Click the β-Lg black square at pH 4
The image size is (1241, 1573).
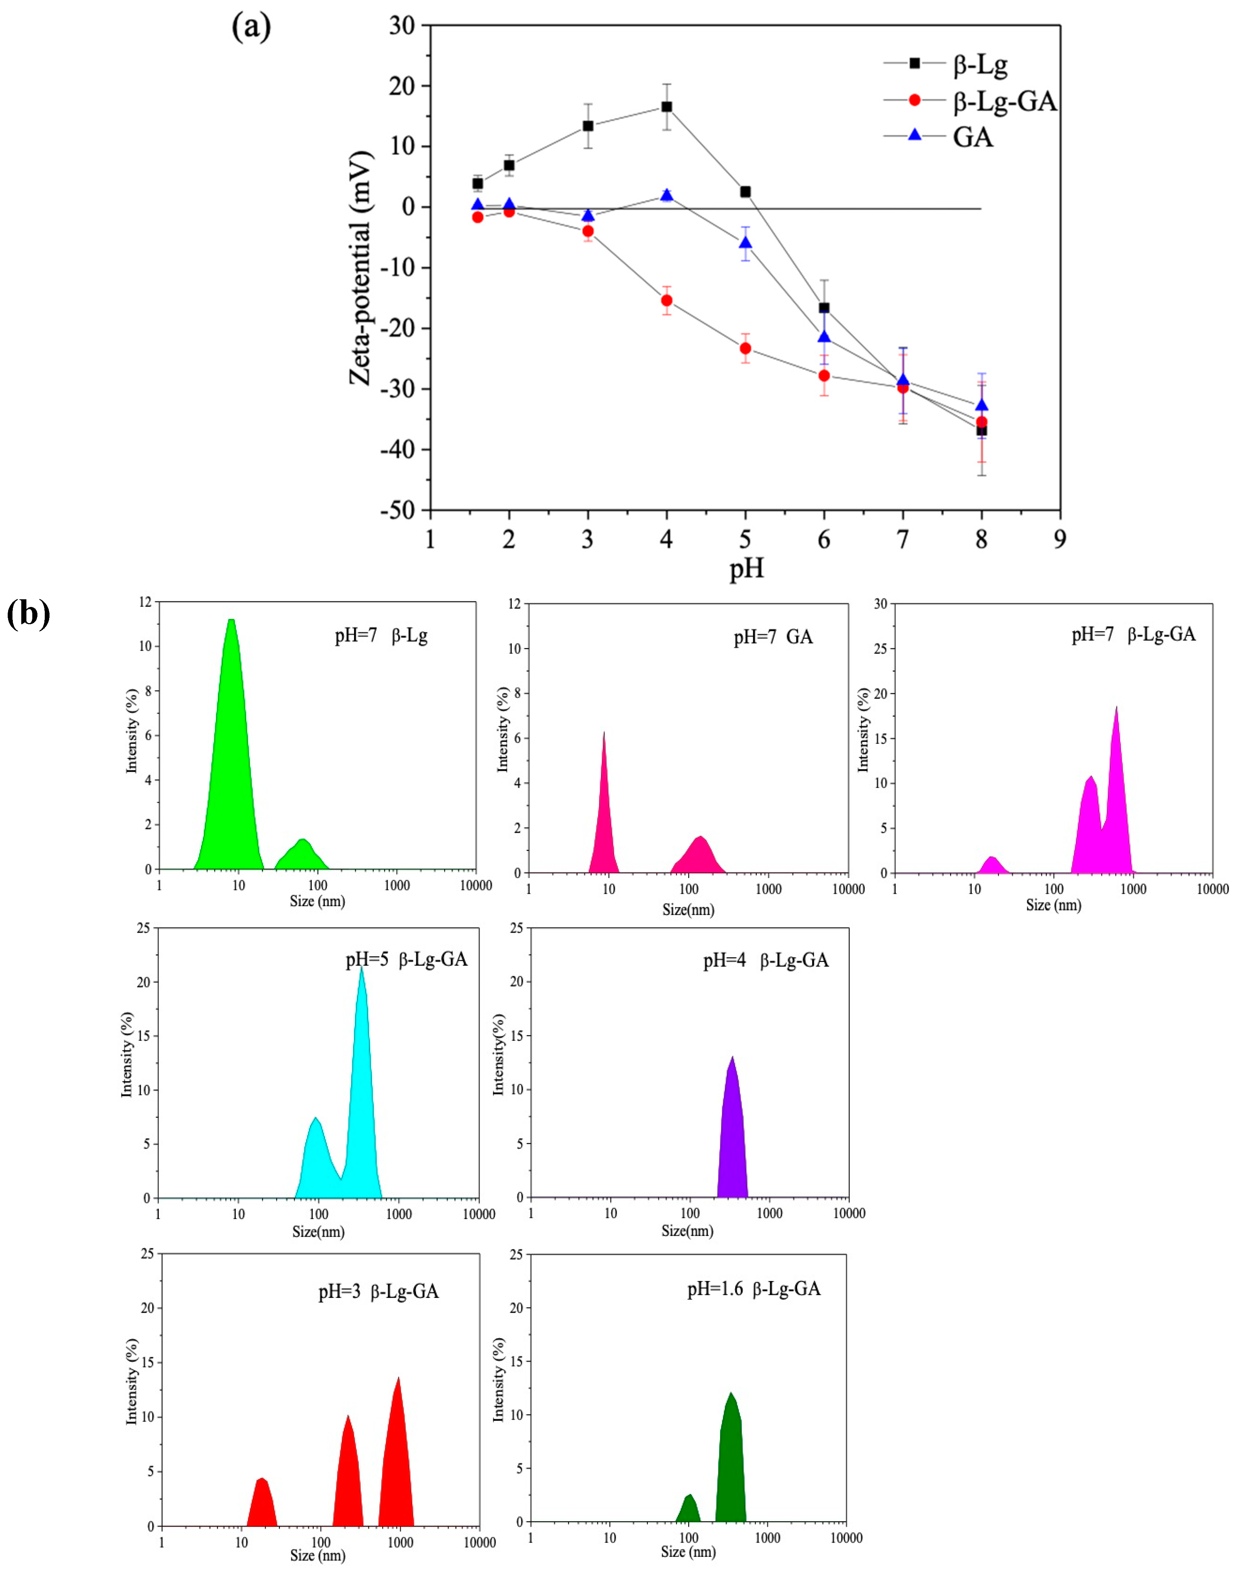click(666, 107)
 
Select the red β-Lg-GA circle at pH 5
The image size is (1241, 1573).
click(745, 348)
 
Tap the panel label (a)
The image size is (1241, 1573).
click(251, 28)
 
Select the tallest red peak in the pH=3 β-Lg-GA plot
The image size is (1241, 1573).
click(397, 1460)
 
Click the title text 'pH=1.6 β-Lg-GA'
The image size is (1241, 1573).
click(753, 1289)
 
